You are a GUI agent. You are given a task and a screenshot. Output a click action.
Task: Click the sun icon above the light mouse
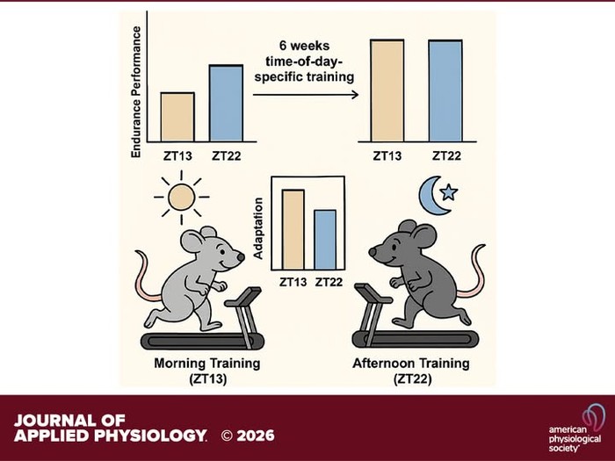pos(181,198)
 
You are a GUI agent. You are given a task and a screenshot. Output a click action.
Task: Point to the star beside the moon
pos(449,192)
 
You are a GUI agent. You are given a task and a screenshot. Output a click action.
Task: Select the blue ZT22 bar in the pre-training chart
pos(226,103)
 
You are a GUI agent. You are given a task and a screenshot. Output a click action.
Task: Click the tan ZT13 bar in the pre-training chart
pos(177,117)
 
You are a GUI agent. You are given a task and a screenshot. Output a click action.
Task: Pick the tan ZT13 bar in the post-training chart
pos(387,90)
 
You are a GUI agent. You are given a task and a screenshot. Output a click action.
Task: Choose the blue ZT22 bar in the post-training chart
pos(445,90)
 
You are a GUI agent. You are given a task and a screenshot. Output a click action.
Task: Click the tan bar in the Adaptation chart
pos(293,230)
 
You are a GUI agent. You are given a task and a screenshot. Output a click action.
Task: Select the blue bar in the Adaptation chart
pos(325,240)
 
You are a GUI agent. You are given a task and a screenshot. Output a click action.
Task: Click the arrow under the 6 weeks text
pos(306,95)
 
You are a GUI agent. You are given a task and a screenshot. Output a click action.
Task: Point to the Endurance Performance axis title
pos(135,92)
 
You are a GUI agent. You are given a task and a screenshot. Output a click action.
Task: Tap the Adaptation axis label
pos(258,228)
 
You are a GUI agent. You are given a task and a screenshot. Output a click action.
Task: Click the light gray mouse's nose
pos(241,257)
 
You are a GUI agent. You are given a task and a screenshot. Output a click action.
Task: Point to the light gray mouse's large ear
pos(192,241)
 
